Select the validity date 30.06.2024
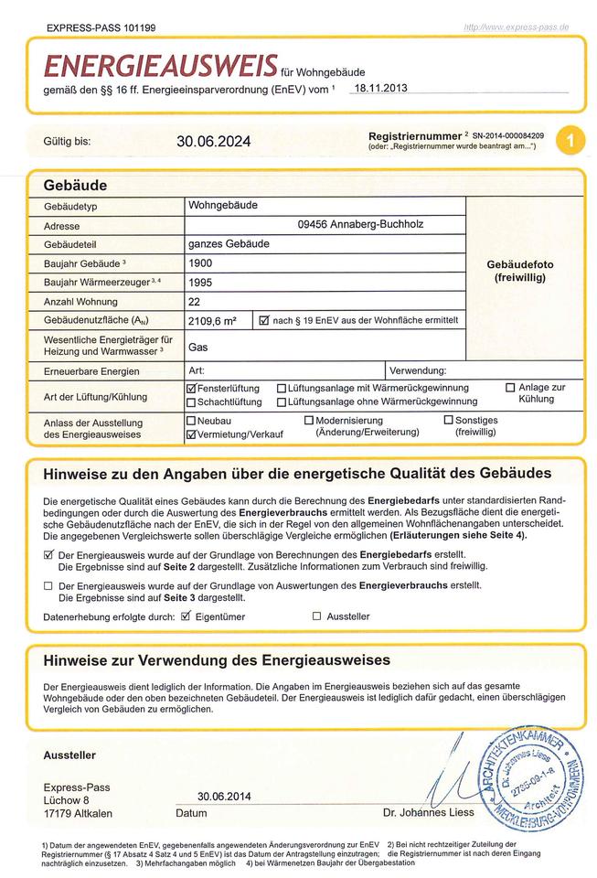click(x=213, y=142)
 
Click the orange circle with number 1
click(x=570, y=141)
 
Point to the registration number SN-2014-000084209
click(x=508, y=135)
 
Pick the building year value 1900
click(x=200, y=262)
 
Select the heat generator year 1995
click(x=200, y=283)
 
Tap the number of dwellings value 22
click(x=195, y=302)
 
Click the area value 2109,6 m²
click(x=212, y=321)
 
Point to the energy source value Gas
click(x=198, y=348)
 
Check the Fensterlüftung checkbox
click(x=191, y=389)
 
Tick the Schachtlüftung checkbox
click(x=191, y=402)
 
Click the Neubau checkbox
click(x=191, y=421)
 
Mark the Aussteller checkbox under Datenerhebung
click(x=317, y=616)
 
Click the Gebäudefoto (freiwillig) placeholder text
click(x=520, y=271)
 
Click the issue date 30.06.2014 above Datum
click(x=224, y=797)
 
